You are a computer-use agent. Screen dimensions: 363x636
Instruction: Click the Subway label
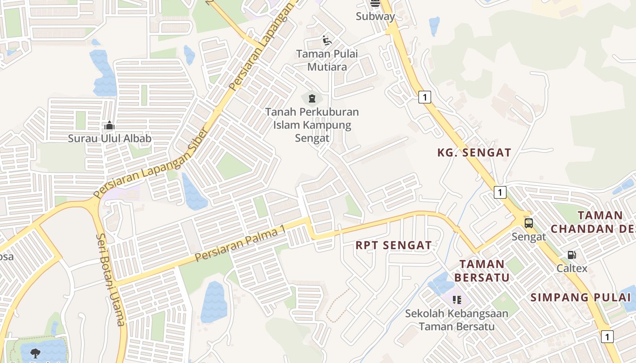(x=375, y=16)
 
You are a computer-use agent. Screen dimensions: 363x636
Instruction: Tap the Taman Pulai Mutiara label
(x=327, y=60)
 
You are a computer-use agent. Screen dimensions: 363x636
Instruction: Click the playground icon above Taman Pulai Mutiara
(x=327, y=41)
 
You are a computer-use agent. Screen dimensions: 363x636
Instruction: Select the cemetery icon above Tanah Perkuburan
(x=312, y=98)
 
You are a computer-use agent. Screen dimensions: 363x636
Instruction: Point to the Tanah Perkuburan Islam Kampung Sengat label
(x=312, y=125)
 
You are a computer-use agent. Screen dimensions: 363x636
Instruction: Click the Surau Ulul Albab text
(x=109, y=138)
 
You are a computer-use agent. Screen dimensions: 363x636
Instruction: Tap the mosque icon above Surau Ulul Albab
(x=109, y=125)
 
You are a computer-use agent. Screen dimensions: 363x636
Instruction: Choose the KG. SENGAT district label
(x=474, y=153)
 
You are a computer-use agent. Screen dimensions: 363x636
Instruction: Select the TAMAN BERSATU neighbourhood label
(x=482, y=270)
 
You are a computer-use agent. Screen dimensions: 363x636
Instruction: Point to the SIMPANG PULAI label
(x=581, y=298)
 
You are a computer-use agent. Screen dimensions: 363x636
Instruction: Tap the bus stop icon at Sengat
(x=528, y=223)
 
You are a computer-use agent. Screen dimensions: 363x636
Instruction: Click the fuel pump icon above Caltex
(x=571, y=255)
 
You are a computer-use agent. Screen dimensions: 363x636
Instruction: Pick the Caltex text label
(x=572, y=268)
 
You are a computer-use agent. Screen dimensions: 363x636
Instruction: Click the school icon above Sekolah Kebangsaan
(x=457, y=299)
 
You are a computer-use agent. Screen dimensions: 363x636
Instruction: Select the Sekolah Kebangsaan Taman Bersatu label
(x=457, y=319)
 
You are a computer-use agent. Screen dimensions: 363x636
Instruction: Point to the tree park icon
(x=35, y=353)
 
